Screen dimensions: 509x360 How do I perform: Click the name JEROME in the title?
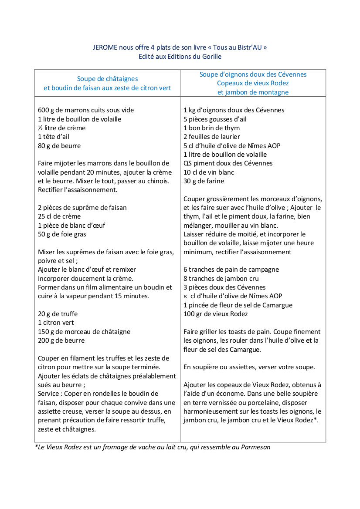click(105, 47)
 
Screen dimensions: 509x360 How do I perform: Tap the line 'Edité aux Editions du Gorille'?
click(180, 57)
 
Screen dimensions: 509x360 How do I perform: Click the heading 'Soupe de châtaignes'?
click(107, 79)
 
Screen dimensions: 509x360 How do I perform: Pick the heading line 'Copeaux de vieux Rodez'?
click(253, 83)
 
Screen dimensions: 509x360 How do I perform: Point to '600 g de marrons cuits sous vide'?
click(86, 110)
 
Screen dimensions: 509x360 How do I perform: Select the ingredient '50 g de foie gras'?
click(62, 234)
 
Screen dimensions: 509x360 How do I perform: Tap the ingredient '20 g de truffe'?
click(58, 314)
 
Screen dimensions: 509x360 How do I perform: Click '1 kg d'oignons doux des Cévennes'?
click(234, 110)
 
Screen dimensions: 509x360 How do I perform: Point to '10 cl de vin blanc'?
click(209, 172)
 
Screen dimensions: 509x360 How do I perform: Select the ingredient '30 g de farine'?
click(204, 181)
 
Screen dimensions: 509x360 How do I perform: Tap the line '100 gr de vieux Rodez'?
click(215, 314)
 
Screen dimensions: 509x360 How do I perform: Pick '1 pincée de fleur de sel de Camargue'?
click(238, 305)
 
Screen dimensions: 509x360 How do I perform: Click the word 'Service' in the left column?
click(49, 394)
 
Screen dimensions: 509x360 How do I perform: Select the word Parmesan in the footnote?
click(255, 447)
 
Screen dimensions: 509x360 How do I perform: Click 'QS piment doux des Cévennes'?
click(228, 163)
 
